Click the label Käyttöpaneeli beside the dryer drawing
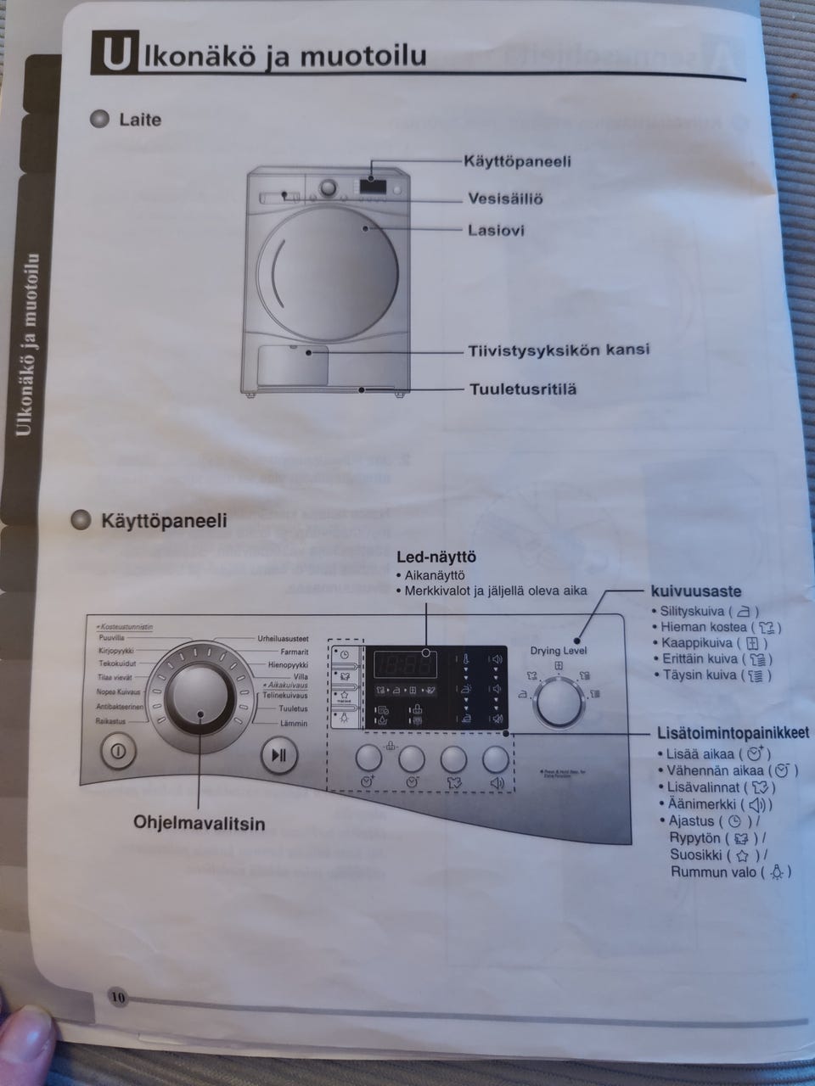[x=517, y=161]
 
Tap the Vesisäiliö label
[x=505, y=199]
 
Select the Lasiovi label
[x=496, y=230]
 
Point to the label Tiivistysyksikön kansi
[x=559, y=350]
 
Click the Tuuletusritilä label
[x=523, y=389]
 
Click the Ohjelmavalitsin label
[x=199, y=823]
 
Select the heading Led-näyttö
[x=436, y=557]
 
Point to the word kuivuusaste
[x=695, y=591]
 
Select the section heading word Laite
[x=139, y=120]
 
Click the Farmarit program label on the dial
[x=294, y=652]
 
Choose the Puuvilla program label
[x=111, y=637]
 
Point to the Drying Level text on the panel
[x=559, y=651]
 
